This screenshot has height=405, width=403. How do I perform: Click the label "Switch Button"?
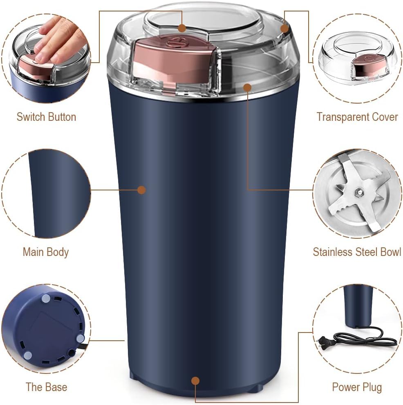pyautogui.click(x=46, y=117)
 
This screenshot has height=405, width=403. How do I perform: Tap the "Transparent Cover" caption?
pyautogui.click(x=357, y=117)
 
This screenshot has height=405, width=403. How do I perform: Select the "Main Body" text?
pyautogui.click(x=45, y=252)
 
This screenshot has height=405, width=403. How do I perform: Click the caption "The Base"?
pyautogui.click(x=46, y=387)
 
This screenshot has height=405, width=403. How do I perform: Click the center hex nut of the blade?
pyautogui.click(x=358, y=191)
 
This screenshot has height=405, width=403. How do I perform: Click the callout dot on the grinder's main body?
pyautogui.click(x=141, y=190)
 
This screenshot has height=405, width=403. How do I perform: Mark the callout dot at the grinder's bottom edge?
pyautogui.click(x=195, y=381)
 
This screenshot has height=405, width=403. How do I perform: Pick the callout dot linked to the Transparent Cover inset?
pyautogui.click(x=285, y=28)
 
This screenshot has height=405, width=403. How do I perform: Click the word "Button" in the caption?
pyautogui.click(x=62, y=117)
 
